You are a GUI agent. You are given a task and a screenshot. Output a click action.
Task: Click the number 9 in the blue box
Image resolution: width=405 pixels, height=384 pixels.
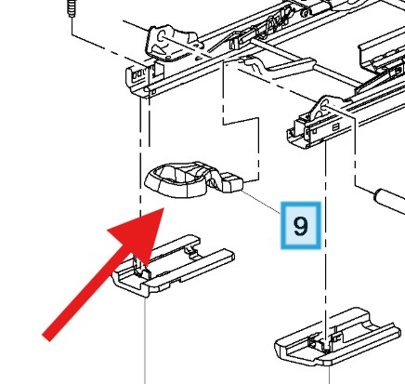pos(300,226)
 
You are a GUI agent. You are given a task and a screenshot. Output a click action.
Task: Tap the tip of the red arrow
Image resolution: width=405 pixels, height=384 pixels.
pos(163,208)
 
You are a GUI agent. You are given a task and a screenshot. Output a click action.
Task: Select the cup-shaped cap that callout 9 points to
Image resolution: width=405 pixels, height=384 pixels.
pos(176,180)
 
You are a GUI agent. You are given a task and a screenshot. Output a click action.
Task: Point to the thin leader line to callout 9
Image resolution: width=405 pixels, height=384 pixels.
pos(261,202)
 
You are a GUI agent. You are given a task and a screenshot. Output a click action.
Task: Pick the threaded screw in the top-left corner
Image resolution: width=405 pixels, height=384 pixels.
pos(72,8)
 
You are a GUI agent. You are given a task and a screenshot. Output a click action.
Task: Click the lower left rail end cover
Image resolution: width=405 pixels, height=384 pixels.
pos(174,265)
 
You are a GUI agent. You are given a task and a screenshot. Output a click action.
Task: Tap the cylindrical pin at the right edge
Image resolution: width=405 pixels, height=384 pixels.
pos(389,201)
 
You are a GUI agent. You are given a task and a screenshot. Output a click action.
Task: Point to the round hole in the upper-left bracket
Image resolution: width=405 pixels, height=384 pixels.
pos(162,35)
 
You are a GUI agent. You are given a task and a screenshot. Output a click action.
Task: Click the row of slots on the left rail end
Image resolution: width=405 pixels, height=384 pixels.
pos(140,74)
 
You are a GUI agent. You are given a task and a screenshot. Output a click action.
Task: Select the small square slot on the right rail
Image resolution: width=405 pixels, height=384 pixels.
pos(335,127)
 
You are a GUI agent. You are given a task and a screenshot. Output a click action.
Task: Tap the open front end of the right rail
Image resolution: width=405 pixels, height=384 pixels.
pos(298,134)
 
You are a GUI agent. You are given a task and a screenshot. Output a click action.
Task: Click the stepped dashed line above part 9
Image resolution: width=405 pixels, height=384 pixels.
pos(242,122)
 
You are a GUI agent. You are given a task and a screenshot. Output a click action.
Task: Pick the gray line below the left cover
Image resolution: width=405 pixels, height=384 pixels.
pos(145,340)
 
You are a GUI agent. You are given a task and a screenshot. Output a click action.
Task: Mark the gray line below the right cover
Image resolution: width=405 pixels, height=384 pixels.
pos(329,375)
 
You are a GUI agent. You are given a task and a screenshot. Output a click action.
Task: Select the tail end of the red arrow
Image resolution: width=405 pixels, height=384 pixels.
pos(46,338)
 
